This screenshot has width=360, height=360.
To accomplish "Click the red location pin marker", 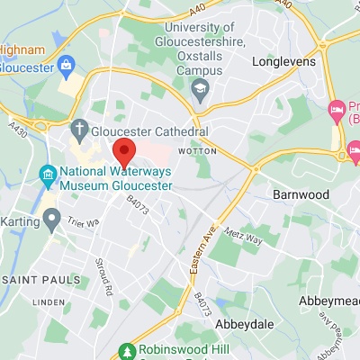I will coord(123,150).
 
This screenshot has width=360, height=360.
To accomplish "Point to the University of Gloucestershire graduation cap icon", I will coord(200,85).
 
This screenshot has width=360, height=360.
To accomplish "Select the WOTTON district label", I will coord(198,150).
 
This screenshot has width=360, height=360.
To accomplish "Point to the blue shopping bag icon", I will coord(66,65).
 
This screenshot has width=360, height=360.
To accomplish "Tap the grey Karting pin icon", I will coord(51,217).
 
